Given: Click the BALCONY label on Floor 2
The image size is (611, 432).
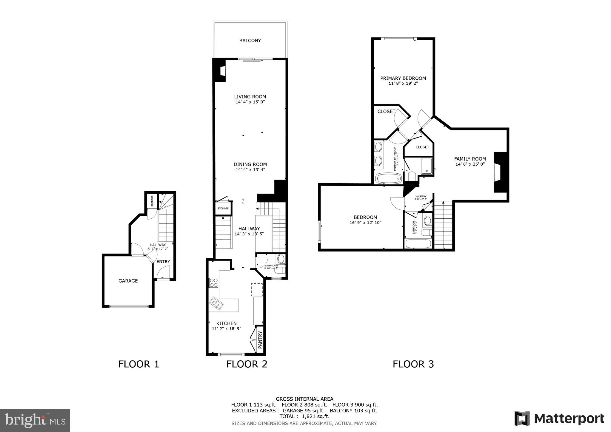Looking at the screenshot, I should coord(250,41).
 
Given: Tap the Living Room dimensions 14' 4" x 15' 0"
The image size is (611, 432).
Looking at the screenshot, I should coord(250,102).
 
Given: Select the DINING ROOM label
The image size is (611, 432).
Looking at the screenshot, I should coord(250,164).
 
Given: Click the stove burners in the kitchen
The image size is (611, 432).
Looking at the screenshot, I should coord(213,283).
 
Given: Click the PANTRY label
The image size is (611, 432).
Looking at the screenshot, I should coord(260,340).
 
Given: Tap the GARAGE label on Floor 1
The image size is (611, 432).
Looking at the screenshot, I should coord(128,281).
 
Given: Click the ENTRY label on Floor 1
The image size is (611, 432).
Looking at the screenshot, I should coord(163,262).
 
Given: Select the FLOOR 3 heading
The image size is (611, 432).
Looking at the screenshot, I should coord(413,364).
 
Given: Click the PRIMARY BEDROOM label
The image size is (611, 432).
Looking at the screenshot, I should coord(403,78).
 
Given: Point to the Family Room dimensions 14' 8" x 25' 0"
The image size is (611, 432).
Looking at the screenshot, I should coord(470,164).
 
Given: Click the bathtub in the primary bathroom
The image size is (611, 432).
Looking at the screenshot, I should coord(388,179).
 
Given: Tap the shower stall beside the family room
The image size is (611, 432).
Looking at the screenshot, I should coord(427,166).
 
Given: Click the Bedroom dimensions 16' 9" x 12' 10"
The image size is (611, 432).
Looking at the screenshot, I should coord(365,223).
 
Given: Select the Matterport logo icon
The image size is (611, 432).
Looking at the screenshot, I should coord(522,418).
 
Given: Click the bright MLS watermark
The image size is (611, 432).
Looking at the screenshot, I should coord(35,420).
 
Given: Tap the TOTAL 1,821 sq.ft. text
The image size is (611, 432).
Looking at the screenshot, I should coord(304,416).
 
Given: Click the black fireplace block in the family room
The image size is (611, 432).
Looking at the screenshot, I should coord(501,172).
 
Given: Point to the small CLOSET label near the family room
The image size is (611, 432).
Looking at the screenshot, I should coord(422,147).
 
